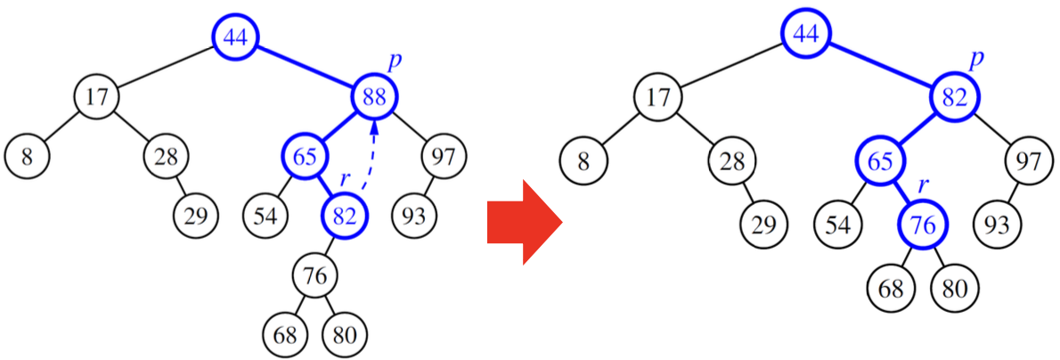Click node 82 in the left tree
345,215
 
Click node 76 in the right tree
924,226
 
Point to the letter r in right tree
924,186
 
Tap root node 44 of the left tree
235,37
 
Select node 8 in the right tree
583,162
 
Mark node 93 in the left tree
414,216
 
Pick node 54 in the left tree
265,216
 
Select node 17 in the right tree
657,96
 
